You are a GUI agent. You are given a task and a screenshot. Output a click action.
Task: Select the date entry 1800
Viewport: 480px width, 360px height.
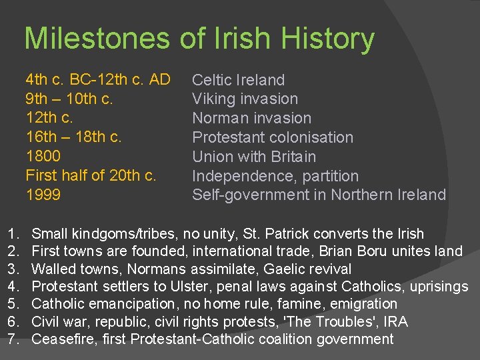tap(43, 157)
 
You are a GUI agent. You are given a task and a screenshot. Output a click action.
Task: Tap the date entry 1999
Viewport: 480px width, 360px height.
tap(43, 195)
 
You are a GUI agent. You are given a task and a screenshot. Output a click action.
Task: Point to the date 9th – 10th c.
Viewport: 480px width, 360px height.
tap(69, 99)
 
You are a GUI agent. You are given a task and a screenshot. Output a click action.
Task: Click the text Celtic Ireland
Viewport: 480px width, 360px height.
tap(238, 81)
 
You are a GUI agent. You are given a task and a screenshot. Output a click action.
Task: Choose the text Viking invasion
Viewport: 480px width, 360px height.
tap(245, 99)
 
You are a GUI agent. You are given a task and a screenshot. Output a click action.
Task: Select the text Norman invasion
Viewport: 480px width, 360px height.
tap(251, 119)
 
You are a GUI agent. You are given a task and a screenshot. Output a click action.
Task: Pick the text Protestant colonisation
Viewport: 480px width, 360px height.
tap(273, 138)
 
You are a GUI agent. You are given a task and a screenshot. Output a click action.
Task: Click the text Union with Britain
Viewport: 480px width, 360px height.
tap(254, 157)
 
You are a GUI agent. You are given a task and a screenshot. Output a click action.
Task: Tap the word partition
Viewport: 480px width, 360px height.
tap(329, 177)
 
